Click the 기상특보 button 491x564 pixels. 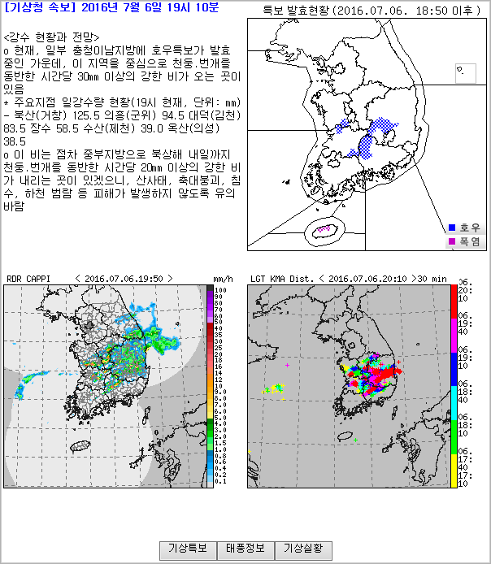[188, 549]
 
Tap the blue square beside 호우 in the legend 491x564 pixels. [453, 227]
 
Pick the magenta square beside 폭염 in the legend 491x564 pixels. [453, 241]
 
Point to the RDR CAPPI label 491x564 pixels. [28, 278]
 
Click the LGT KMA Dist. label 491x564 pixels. [280, 278]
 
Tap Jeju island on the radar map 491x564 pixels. [80, 446]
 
